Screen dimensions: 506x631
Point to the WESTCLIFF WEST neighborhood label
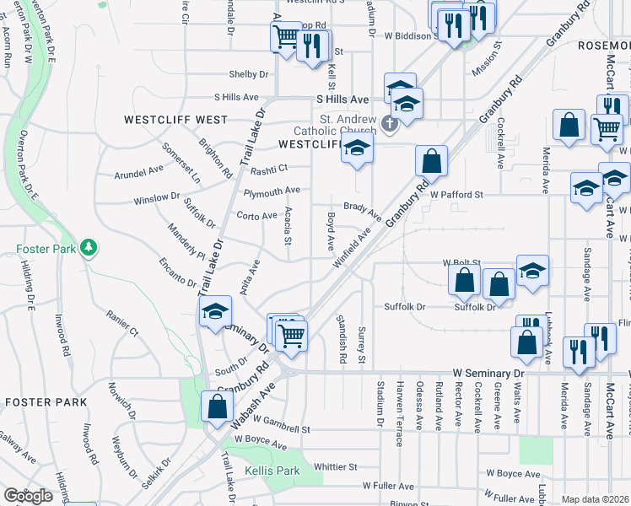tap(175, 120)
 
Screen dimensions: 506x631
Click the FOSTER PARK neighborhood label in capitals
tap(46, 403)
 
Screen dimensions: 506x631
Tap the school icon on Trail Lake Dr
tap(215, 312)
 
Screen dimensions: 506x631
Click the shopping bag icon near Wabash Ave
tap(218, 406)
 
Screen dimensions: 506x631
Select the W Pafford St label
tap(456, 195)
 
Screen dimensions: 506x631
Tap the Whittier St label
tap(336, 466)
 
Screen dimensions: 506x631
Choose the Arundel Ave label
tap(138, 171)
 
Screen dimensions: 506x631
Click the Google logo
tap(28, 496)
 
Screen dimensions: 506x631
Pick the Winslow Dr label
tap(157, 198)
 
